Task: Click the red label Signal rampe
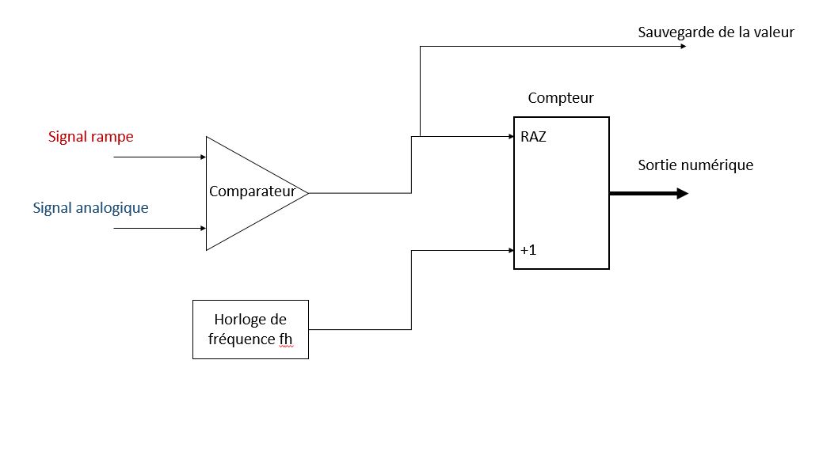(91, 137)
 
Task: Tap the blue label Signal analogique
(91, 208)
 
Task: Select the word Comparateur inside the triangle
(252, 191)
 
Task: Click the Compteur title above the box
(561, 98)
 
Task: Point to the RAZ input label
(533, 137)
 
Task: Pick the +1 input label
(528, 251)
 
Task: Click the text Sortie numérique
(695, 165)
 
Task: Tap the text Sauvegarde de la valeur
(716, 32)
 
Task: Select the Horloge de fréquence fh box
(250, 329)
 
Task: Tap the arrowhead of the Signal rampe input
(202, 157)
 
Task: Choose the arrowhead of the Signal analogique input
(202, 228)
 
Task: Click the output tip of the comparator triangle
(307, 193)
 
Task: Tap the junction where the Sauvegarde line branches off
(420, 137)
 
